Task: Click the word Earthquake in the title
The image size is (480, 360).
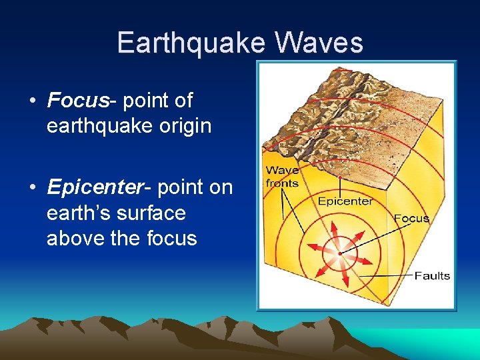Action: tap(191, 43)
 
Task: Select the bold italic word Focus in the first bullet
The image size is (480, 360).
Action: tap(77, 101)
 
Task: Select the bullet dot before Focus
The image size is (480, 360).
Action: tap(33, 101)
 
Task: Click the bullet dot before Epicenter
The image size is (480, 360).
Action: tap(33, 188)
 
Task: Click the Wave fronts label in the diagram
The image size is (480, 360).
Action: tap(282, 177)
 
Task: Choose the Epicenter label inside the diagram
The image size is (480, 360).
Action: tap(345, 201)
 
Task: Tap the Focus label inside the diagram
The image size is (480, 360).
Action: tap(411, 218)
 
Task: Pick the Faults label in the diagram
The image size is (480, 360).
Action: tap(432, 275)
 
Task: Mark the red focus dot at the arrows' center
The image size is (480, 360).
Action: tap(339, 254)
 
